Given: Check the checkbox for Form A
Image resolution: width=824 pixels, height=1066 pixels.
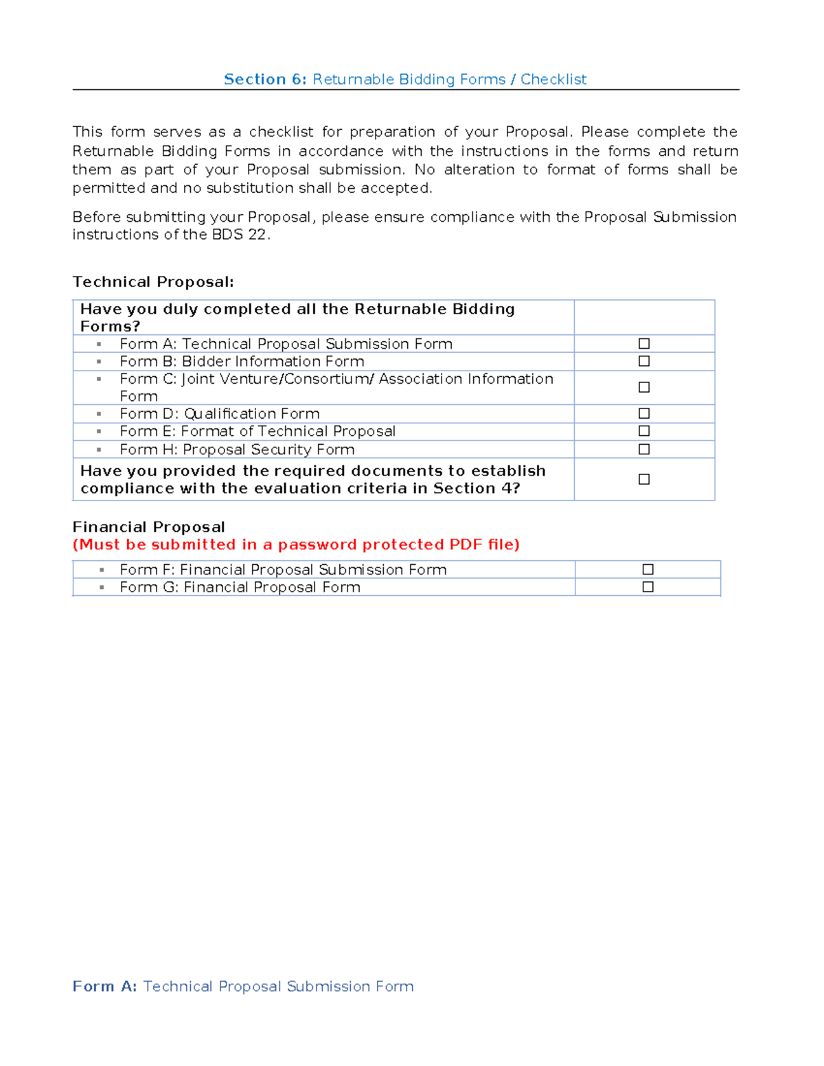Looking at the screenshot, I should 644,343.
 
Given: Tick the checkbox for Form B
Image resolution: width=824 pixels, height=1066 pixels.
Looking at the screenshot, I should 644,361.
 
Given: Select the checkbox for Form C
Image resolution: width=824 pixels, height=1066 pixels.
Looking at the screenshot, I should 644,387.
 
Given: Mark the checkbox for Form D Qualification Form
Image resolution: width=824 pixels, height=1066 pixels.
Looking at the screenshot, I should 644,413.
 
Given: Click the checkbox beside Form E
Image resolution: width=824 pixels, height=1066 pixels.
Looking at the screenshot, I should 644,431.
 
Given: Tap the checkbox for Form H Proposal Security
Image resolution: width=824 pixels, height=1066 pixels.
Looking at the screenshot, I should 644,449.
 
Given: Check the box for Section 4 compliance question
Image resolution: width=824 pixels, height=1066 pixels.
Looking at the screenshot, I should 644,479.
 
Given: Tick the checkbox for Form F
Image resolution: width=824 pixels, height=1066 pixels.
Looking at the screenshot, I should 648,569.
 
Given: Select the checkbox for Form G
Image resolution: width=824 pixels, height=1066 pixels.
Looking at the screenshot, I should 648,587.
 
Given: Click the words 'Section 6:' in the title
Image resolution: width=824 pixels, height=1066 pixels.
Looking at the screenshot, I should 265,80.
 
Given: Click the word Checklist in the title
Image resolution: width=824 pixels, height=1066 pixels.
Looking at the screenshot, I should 553,80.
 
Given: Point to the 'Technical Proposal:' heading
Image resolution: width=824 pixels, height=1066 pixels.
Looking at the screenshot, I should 153,282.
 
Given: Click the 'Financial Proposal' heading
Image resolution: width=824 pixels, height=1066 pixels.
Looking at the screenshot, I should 149,527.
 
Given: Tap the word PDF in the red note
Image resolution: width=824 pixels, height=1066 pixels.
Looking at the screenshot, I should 466,544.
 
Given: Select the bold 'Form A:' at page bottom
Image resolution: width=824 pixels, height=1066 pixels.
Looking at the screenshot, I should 104,986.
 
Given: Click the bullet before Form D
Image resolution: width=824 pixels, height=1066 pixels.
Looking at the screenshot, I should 99,414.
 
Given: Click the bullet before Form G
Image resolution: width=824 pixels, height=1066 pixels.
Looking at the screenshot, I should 102,588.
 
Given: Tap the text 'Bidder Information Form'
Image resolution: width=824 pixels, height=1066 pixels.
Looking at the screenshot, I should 273,362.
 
